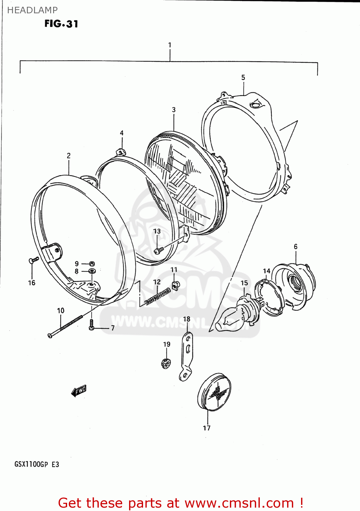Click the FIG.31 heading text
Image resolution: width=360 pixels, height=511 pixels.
[61, 24]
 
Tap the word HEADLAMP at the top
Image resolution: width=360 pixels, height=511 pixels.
[32, 10]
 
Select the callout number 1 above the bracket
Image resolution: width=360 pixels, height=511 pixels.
[170, 45]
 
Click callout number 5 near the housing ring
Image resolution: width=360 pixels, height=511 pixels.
[243, 78]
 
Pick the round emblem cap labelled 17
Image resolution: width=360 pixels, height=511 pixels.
[214, 392]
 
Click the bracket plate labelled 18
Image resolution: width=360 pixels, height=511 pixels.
[186, 356]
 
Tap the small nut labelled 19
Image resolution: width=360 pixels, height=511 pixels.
[166, 364]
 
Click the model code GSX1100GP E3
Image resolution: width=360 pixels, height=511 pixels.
[37, 464]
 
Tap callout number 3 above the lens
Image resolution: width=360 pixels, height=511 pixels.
[174, 110]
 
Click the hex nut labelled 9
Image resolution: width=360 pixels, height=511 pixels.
[92, 263]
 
